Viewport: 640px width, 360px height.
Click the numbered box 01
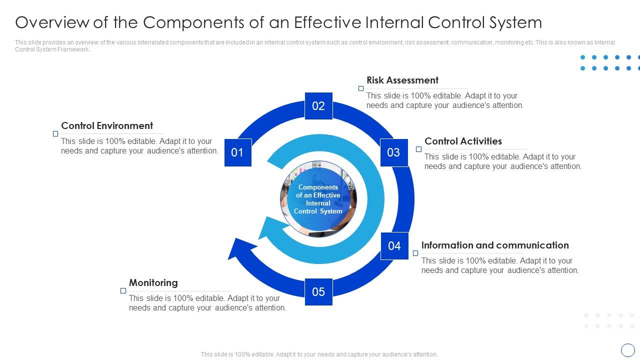click(237, 152)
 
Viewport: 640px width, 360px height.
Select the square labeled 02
click(318, 106)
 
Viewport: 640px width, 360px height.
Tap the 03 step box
click(393, 152)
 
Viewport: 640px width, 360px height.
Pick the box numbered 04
click(394, 245)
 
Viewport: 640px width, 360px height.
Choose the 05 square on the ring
click(318, 292)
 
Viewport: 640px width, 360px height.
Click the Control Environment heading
click(107, 126)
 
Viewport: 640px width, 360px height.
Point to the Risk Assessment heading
click(402, 80)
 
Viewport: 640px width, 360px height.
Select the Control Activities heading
click(463, 141)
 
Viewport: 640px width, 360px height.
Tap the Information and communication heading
click(495, 245)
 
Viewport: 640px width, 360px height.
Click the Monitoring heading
click(153, 283)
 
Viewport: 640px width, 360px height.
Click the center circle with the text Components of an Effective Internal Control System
click(318, 199)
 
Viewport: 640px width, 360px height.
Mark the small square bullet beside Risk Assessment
click(361, 88)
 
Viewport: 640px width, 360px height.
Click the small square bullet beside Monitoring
click(123, 291)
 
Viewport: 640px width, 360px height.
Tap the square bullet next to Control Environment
click(55, 134)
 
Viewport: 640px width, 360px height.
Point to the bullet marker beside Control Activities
click(419, 149)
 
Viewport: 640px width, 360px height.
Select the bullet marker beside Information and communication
click(415, 253)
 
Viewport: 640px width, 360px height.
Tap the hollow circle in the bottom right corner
click(627, 350)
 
